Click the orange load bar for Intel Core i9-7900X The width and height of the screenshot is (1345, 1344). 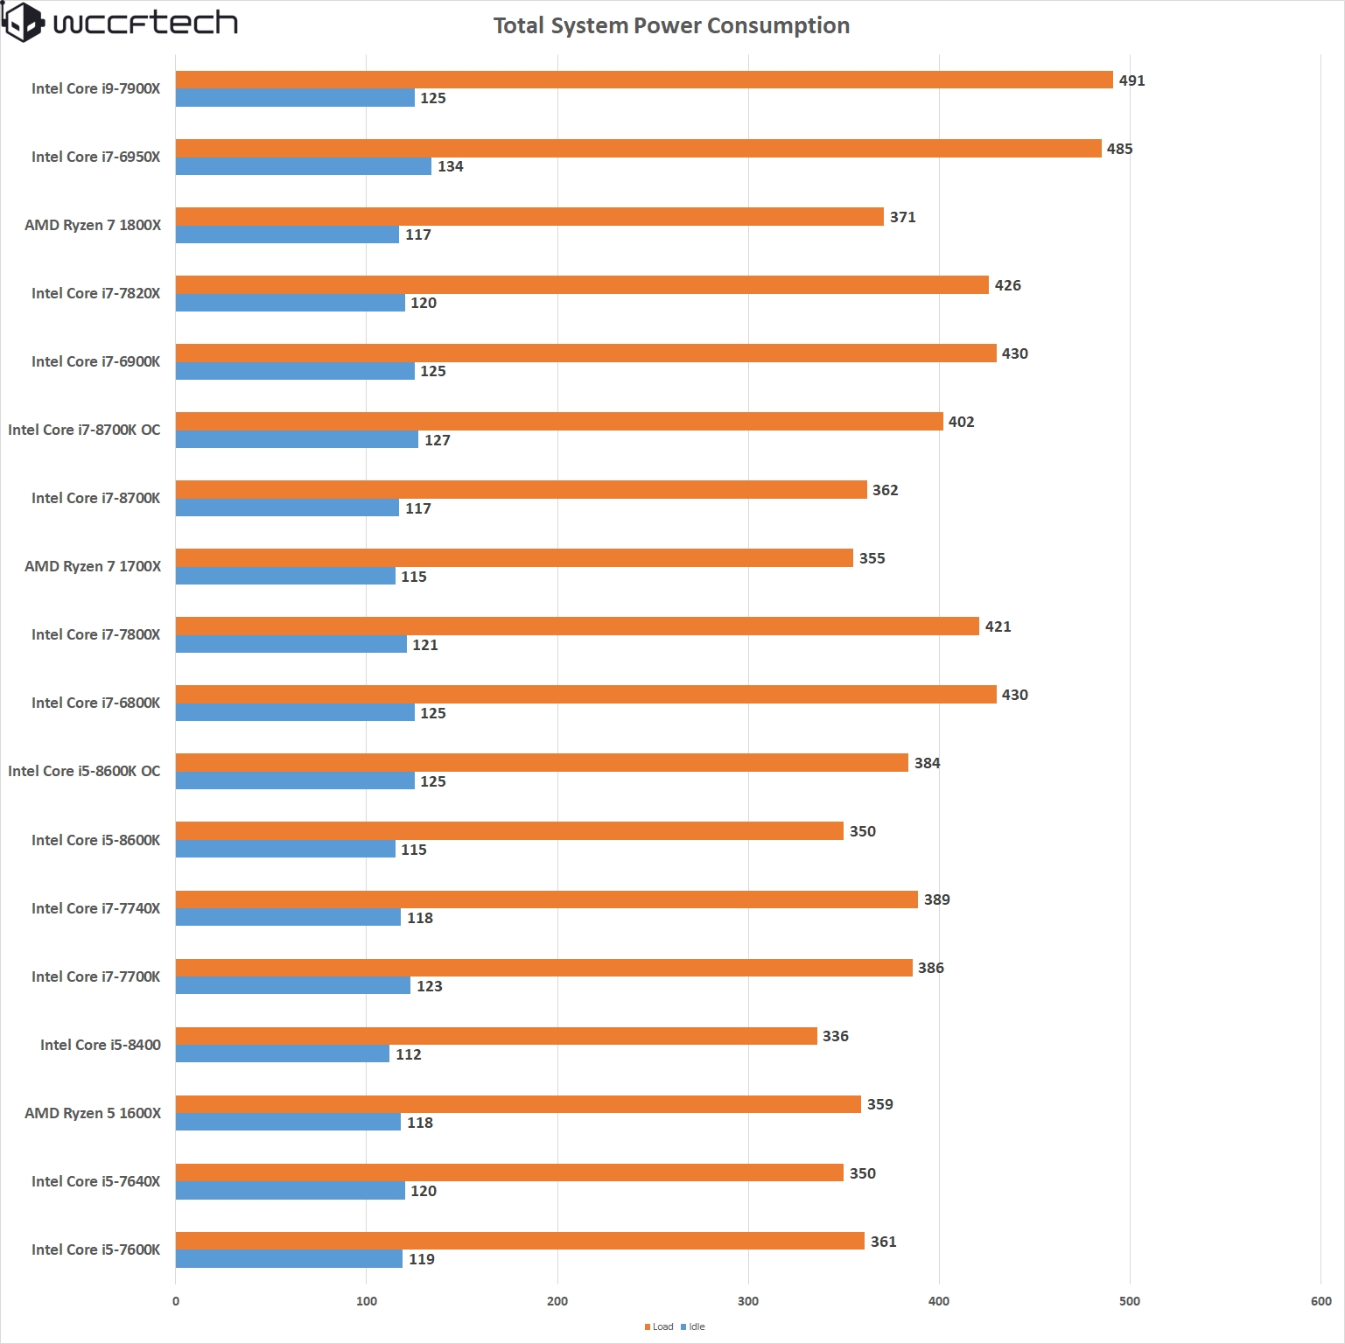coord(643,80)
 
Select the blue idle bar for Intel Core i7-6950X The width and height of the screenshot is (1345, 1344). coord(303,166)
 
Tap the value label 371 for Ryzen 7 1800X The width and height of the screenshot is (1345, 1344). coord(902,217)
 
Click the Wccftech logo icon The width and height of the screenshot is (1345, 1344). coord(23,22)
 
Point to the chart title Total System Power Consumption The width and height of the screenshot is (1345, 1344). coord(671,25)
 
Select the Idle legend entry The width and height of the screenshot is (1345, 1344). coord(696,1326)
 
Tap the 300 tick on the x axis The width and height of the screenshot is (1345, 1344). coord(748,1301)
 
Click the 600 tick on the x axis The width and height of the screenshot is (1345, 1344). coord(1320,1301)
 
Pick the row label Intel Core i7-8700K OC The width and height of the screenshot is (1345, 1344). coord(84,430)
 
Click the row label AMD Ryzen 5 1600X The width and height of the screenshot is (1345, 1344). coord(93,1113)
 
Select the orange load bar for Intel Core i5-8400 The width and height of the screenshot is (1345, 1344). coord(496,1036)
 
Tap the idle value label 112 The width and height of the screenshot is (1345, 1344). coord(408,1054)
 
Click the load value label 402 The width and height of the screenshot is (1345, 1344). coord(961,422)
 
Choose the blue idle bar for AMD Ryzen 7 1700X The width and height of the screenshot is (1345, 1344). coord(285,576)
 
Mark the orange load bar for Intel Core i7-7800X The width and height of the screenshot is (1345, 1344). coord(577,626)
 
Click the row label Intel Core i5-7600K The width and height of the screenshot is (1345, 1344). coord(95,1249)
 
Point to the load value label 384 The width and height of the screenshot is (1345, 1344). coord(927,763)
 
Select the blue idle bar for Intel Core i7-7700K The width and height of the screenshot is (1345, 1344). coord(292,985)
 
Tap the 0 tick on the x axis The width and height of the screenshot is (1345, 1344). coord(176,1301)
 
